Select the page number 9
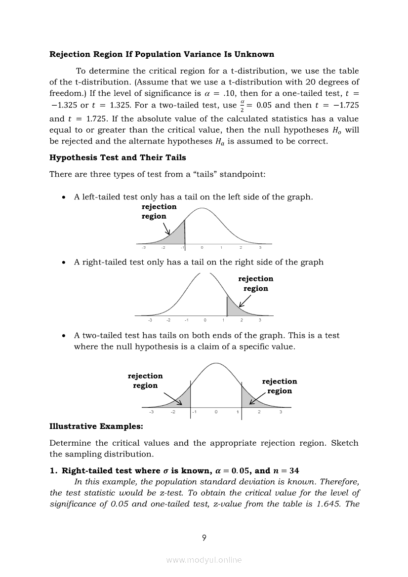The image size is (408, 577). coord(204,538)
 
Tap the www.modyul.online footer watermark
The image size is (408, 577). coord(204,560)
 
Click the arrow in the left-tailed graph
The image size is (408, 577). coord(167,229)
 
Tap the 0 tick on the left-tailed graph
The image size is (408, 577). coord(202,248)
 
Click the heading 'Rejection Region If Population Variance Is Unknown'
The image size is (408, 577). coord(162,54)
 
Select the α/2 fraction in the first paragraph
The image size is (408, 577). coord(242,105)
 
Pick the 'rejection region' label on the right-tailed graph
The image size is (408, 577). coord(255,283)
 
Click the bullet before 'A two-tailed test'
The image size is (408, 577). coord(63,336)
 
